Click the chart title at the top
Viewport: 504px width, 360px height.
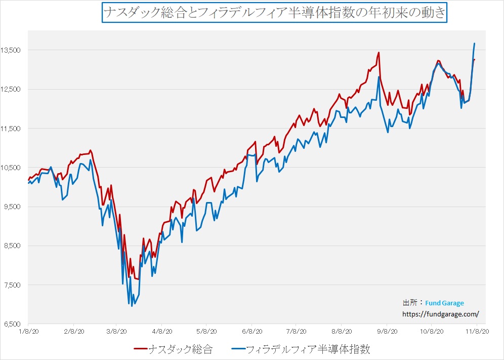pos(275,13)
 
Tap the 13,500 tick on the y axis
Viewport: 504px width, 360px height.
pos(12,50)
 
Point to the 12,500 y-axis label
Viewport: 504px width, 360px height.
pos(12,89)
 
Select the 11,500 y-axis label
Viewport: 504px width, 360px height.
pos(12,129)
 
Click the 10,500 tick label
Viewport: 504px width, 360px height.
pos(12,168)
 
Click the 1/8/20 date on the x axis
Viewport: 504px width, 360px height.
pos(28,331)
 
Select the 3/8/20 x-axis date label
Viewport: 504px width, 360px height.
pos(117,331)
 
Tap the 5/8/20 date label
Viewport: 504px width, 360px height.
pos(206,331)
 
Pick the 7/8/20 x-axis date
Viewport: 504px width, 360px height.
pos(296,331)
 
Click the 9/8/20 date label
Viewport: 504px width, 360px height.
pos(387,331)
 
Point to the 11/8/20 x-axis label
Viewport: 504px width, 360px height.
pos(477,331)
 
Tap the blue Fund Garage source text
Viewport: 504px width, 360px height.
pos(444,303)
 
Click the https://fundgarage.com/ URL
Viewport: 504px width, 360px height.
pos(441,313)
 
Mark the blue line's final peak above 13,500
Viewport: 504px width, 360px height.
pos(474,44)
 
